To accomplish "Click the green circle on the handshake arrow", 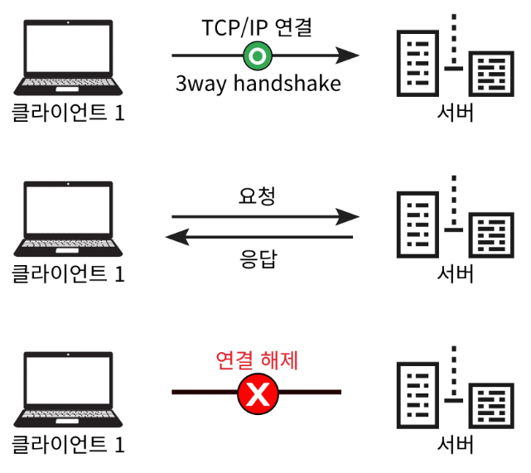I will [257, 56].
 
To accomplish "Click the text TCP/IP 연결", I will [257, 27].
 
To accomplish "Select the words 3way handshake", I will [257, 84].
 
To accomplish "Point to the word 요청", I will [257, 196].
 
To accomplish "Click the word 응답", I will [258, 259].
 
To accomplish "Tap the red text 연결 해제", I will [257, 360].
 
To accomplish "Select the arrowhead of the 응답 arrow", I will [175, 238].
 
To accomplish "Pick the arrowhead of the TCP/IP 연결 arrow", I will [350, 56].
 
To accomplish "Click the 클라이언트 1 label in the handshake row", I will [68, 113].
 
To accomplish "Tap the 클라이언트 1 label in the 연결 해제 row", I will [68, 444].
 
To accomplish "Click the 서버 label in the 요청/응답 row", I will [455, 273].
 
